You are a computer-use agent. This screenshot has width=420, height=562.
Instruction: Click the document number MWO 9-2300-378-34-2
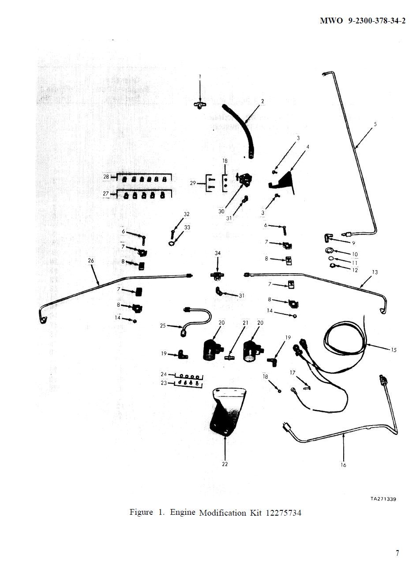(362, 21)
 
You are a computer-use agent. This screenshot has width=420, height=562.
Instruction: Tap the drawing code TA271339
(383, 499)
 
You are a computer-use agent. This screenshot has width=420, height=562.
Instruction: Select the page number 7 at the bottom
(397, 553)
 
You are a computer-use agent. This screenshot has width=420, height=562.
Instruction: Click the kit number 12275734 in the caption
(284, 513)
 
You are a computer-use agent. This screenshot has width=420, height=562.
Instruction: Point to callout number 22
(225, 464)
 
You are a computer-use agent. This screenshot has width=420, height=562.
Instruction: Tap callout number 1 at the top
(200, 76)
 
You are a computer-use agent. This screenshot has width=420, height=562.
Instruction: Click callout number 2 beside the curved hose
(262, 102)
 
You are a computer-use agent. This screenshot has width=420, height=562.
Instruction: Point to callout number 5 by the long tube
(375, 124)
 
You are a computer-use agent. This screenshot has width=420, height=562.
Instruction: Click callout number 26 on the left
(91, 261)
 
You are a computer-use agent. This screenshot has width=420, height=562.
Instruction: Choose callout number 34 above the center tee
(217, 253)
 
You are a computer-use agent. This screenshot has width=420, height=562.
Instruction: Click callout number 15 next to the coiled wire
(394, 350)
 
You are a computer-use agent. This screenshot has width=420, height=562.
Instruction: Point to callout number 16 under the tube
(343, 465)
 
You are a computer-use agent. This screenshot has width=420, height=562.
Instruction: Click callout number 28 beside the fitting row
(106, 177)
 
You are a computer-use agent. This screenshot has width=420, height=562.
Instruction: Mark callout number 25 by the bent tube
(163, 326)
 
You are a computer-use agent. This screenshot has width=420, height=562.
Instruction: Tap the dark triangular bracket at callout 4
(285, 181)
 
